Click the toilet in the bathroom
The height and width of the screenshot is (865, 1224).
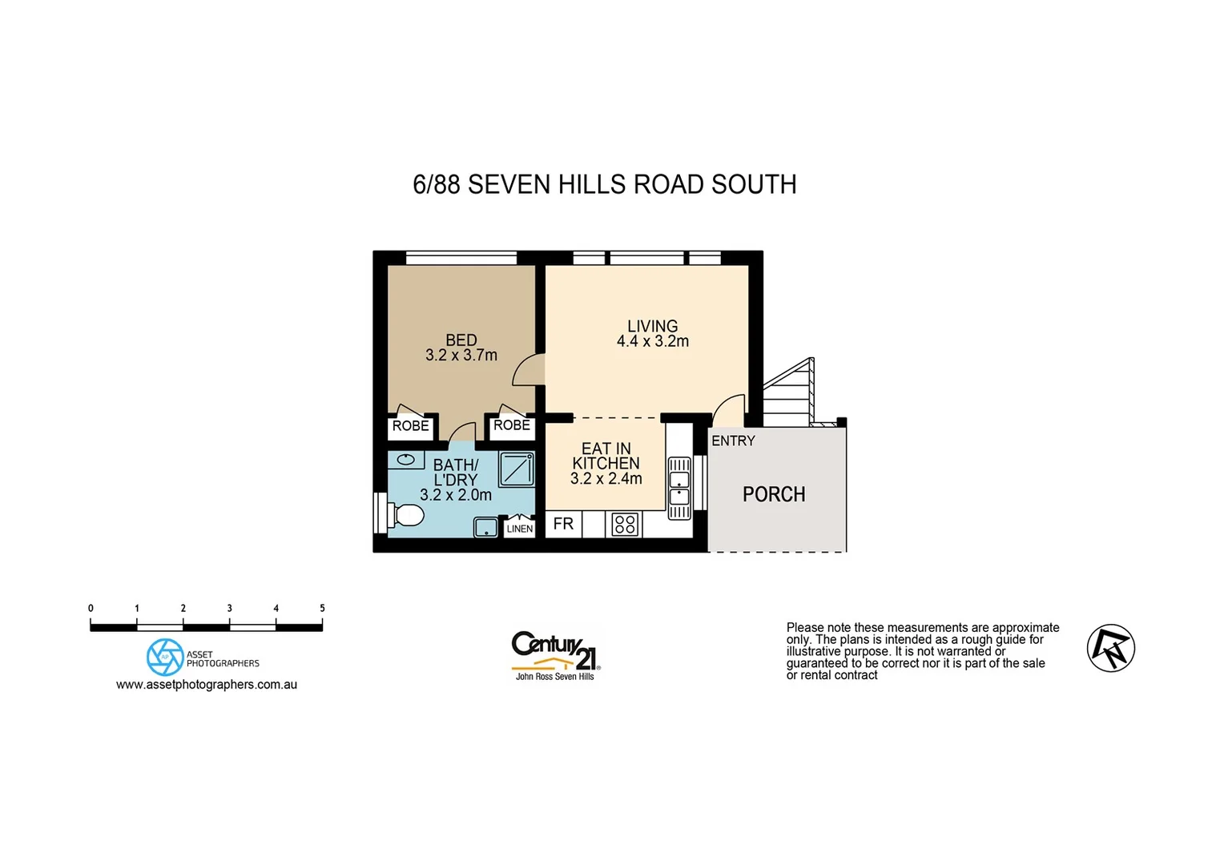click(x=407, y=514)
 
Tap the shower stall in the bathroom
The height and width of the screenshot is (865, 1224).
click(x=517, y=469)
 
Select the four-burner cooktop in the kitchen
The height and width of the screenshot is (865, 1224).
click(x=625, y=525)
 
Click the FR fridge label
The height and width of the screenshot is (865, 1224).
click(x=563, y=524)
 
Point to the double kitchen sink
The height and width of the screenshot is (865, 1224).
click(x=678, y=489)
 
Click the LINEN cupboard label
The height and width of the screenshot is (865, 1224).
click(x=520, y=529)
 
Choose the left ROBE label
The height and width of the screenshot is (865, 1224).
click(x=411, y=426)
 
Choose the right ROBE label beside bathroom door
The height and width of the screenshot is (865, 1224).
click(x=512, y=425)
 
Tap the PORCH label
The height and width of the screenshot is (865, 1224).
click(x=774, y=495)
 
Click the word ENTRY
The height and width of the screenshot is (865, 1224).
click(x=733, y=441)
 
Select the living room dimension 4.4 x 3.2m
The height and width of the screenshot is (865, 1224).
click(x=653, y=341)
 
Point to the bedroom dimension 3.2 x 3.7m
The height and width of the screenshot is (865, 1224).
click(x=461, y=355)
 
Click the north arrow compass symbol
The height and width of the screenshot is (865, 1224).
click(x=1111, y=648)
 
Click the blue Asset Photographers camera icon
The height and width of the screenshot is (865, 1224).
click(x=165, y=657)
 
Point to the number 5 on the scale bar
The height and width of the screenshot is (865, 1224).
click(x=322, y=609)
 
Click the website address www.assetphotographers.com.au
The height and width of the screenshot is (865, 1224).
click(x=207, y=685)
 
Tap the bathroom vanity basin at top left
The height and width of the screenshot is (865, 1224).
click(x=406, y=460)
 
